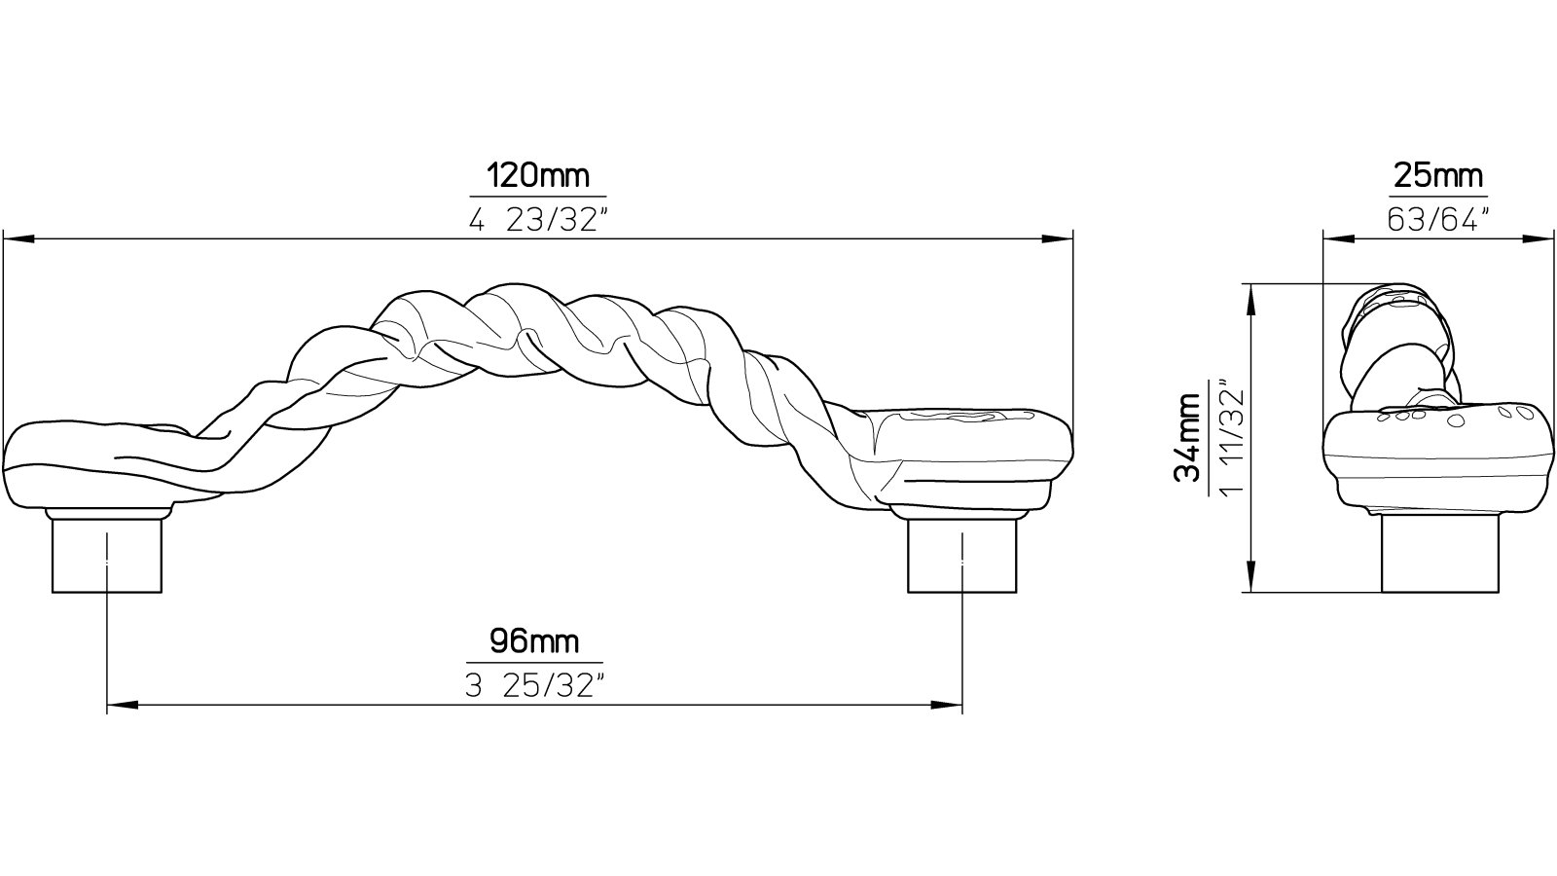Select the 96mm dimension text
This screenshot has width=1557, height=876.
pos(533,641)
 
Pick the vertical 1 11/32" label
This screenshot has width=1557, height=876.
pos(1230,437)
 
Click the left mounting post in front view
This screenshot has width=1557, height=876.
pos(106,555)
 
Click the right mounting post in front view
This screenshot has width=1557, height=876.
pos(962,555)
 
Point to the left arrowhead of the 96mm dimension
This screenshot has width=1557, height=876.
pos(121,703)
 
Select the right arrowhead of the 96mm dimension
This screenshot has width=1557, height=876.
pos(948,703)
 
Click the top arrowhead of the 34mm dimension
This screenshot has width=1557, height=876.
pos(1250,298)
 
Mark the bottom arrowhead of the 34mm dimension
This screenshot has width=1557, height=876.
pos(1250,578)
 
